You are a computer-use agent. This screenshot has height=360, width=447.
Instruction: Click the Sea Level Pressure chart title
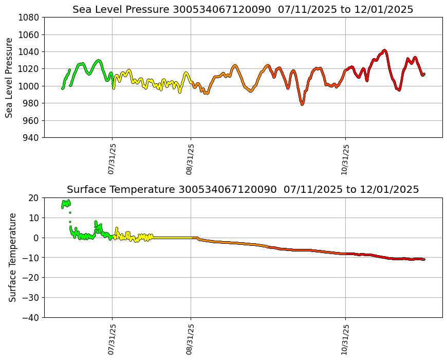pyautogui.click(x=243, y=9)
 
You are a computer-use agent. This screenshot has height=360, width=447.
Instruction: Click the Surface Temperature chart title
pyautogui.click(x=243, y=189)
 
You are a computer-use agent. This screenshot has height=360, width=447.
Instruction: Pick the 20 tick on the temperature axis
pyautogui.click(x=34, y=198)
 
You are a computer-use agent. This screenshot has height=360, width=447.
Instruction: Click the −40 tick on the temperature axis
pyautogui.click(x=30, y=318)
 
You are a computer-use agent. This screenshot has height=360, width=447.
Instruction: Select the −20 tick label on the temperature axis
pyautogui.click(x=30, y=278)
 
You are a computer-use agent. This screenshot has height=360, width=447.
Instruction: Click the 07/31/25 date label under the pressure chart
pyautogui.click(x=111, y=159)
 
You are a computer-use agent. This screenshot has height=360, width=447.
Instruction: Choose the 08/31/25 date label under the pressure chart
pyautogui.click(x=190, y=159)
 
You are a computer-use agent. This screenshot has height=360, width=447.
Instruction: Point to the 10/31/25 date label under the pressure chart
pyautogui.click(x=345, y=159)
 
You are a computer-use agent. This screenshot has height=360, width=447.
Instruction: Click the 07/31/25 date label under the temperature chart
pyautogui.click(x=111, y=339)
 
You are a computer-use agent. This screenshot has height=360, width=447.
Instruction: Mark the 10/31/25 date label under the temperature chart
pyautogui.click(x=345, y=339)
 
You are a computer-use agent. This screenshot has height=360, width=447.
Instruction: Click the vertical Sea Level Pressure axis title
pyautogui.click(x=10, y=78)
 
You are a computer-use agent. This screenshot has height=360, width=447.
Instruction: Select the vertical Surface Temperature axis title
pyautogui.click(x=13, y=257)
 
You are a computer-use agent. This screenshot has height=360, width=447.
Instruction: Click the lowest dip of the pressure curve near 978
pyautogui.click(x=302, y=104)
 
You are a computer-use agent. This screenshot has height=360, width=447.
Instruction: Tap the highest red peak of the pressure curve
pyautogui.click(x=384, y=50)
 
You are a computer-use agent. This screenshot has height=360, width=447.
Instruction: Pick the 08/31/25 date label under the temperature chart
pyautogui.click(x=190, y=339)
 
